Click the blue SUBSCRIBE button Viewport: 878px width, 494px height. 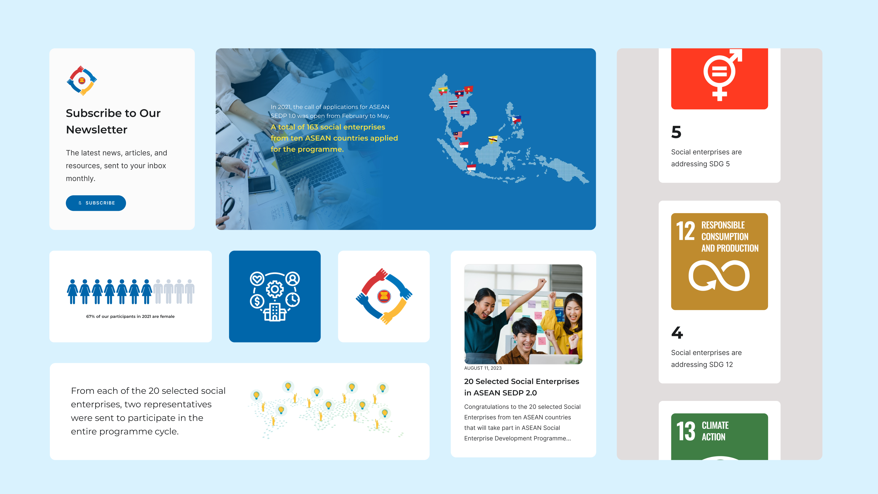96,203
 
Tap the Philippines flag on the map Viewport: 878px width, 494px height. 516,119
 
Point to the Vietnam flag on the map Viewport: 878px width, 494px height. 469,89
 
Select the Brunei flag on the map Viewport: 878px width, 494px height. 493,139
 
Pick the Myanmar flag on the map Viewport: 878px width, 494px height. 443,91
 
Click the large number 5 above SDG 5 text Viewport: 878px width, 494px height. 676,132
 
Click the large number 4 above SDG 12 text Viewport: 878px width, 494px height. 677,333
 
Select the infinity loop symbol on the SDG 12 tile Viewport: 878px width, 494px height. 719,275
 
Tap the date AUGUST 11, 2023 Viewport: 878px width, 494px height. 483,368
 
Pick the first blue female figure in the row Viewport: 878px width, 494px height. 72,292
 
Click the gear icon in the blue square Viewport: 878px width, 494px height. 275,290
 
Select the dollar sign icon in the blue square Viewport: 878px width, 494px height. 257,301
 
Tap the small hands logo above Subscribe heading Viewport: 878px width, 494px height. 82,81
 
